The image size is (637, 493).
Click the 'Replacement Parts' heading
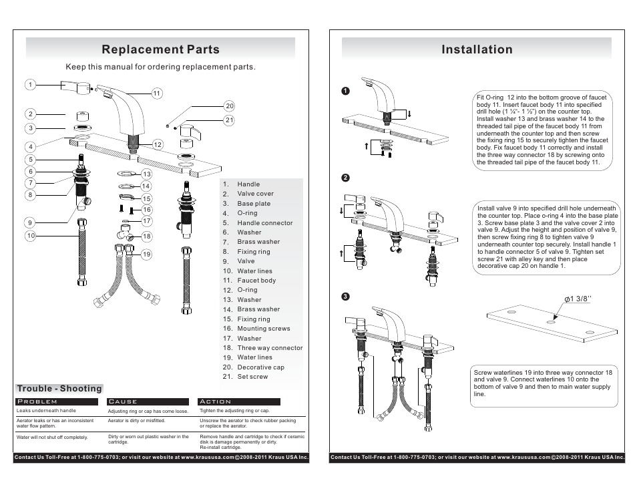(x=160, y=49)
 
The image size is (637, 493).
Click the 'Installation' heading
(x=477, y=49)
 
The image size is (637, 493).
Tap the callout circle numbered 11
(x=157, y=94)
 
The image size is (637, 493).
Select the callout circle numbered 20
(x=229, y=106)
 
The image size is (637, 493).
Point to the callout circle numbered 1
(x=30, y=85)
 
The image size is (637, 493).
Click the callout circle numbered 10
(x=30, y=236)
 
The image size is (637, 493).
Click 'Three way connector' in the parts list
(x=269, y=348)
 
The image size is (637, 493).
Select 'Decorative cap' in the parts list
(x=260, y=367)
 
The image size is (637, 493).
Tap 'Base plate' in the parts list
(x=254, y=204)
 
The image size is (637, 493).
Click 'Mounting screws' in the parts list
(x=263, y=329)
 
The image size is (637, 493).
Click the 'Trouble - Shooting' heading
(x=59, y=389)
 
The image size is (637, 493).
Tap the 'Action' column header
(x=216, y=401)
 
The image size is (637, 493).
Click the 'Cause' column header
(x=123, y=401)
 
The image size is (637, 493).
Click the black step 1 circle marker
(x=346, y=91)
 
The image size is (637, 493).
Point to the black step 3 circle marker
(x=346, y=296)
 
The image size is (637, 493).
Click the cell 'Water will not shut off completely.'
(x=52, y=438)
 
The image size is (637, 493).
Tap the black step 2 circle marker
(x=346, y=178)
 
